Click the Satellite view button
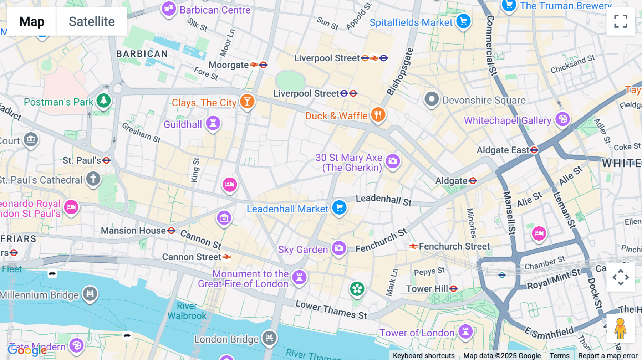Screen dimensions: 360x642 [92, 21]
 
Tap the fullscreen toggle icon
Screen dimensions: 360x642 [621, 21]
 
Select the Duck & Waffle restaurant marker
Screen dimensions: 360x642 [378, 115]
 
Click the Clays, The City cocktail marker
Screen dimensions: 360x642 [247, 102]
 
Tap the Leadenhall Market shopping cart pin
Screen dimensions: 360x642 [339, 207]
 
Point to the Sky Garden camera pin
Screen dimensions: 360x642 [339, 248]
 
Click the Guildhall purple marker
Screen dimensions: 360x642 [213, 123]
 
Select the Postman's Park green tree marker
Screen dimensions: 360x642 [103, 101]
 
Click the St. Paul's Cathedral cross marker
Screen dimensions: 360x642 [93, 179]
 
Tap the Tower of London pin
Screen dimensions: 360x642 [465, 331]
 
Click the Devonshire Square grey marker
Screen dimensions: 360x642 [431, 99]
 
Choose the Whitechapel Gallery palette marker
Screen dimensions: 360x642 [562, 119]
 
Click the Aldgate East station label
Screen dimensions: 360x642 [503, 150]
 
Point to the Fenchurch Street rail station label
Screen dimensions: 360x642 [454, 246]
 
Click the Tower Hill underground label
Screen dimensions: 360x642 [427, 289]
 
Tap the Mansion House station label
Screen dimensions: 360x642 [133, 231]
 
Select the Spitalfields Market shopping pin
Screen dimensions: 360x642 [463, 21]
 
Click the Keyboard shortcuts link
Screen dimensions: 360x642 [423, 355]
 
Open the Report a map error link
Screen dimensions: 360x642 [607, 355]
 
